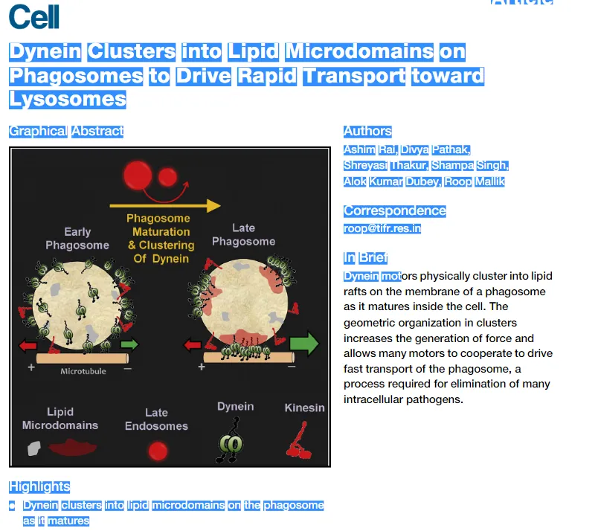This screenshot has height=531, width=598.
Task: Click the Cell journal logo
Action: click(34, 16)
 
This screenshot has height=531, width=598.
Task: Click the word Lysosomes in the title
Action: click(68, 99)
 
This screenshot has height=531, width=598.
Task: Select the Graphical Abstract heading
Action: click(66, 132)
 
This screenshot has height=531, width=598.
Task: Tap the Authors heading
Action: click(367, 132)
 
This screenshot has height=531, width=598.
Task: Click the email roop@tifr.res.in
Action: click(382, 228)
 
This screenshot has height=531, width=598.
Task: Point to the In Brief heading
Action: click(365, 258)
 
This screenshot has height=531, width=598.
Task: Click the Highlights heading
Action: click(39, 486)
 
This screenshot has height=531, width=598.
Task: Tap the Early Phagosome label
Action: click(77, 239)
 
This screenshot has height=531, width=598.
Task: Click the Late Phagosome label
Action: click(243, 234)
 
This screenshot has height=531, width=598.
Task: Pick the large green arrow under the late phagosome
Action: click(303, 344)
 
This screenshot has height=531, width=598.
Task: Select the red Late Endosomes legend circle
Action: click(157, 451)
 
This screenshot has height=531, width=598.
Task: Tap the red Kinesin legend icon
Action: click(299, 440)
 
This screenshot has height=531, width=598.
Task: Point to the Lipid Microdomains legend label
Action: click(60, 419)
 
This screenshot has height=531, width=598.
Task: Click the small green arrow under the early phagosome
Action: click(129, 344)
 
